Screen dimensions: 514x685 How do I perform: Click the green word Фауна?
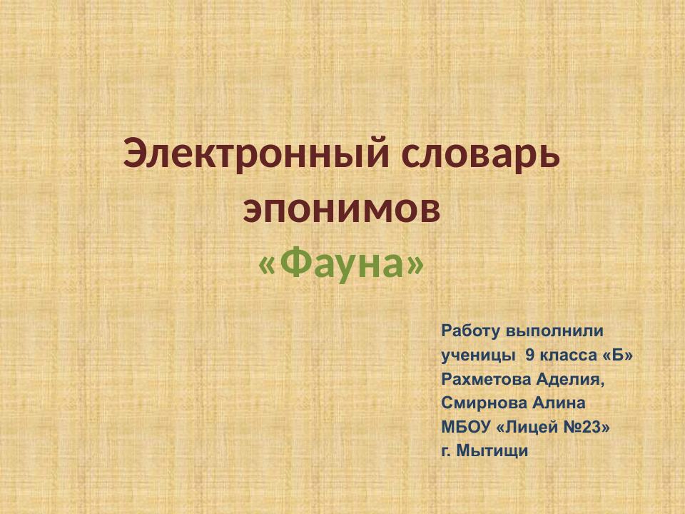(x=341, y=265)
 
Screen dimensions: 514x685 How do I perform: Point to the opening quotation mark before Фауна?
(x=266, y=266)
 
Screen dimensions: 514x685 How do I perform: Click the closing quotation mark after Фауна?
(x=415, y=266)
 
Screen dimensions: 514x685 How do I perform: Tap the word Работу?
(x=470, y=331)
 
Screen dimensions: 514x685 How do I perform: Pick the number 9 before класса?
(x=529, y=355)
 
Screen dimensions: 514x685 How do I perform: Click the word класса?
(x=568, y=355)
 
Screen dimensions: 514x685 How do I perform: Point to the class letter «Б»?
(x=618, y=355)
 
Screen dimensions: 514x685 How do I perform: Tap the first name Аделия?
(x=570, y=379)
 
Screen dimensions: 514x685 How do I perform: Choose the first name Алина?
(x=559, y=403)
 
